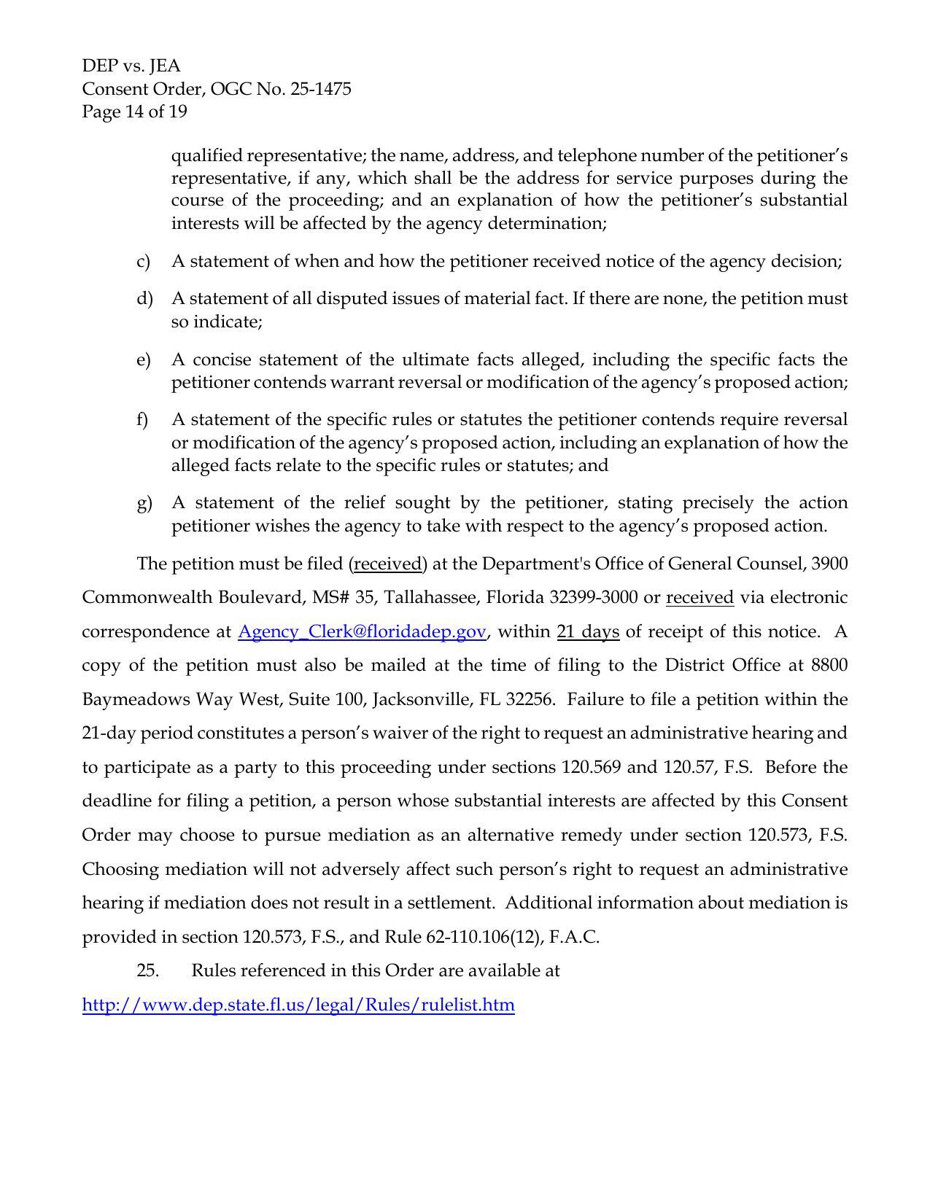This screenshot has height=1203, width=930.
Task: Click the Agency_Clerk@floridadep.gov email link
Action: [362, 632]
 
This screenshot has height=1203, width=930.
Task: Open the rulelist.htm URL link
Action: [298, 1005]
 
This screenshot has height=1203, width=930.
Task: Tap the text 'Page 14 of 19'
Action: [134, 112]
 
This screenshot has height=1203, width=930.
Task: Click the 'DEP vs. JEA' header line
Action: [131, 66]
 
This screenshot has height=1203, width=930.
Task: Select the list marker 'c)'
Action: [143, 262]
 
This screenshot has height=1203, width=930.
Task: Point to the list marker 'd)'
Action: [144, 299]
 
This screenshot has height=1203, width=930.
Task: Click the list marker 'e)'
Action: [143, 360]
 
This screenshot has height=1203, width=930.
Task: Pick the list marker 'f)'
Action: [142, 420]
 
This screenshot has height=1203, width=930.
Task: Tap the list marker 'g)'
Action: [144, 503]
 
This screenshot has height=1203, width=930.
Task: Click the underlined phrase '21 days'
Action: [588, 632]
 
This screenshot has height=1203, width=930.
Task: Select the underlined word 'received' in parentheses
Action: [387, 564]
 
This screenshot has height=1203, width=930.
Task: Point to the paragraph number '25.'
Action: [148, 971]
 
